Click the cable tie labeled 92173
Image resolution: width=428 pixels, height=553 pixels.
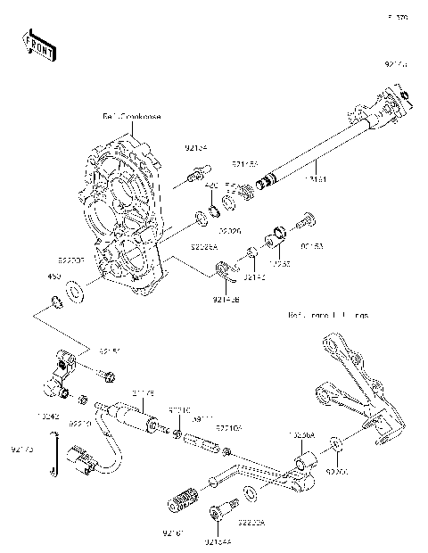57,455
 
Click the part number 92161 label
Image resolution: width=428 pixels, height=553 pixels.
173,533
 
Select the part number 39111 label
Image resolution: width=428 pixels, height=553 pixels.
202,417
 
